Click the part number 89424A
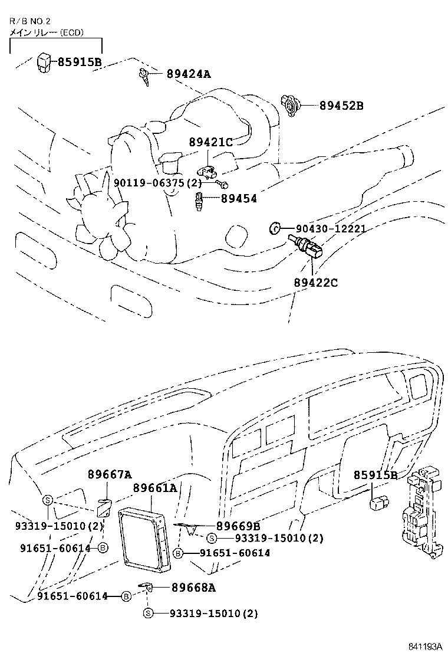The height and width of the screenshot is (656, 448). click(188, 74)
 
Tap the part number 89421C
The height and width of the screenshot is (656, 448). click(211, 142)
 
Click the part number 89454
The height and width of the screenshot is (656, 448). click(239, 199)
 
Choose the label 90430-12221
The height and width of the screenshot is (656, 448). click(331, 228)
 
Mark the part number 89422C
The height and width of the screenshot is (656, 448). click(315, 283)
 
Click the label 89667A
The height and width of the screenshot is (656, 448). click(110, 474)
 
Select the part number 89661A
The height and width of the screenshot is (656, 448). click(154, 488)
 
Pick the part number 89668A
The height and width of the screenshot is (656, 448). click(193, 587)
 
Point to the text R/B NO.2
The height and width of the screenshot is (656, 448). click(25, 21)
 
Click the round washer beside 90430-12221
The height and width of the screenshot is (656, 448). click(274, 228)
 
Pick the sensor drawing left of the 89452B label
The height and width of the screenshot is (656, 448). click(291, 104)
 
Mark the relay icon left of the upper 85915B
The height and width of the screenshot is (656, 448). click(44, 61)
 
